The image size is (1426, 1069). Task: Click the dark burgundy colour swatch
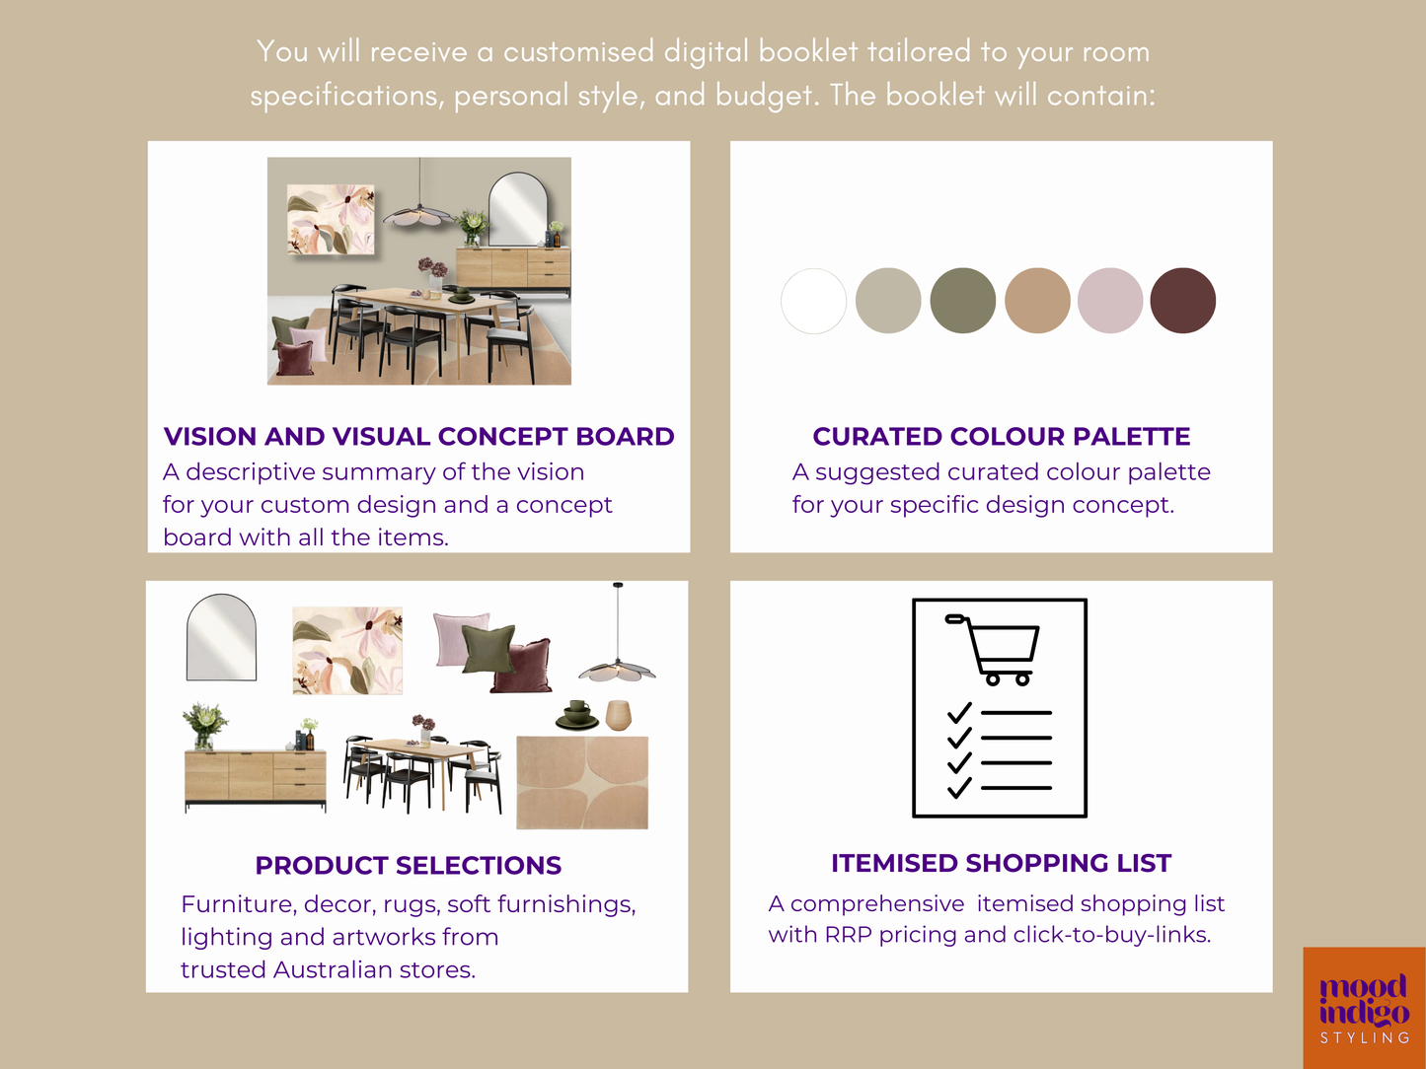coord(1182,301)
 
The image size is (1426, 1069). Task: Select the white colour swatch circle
coord(813,301)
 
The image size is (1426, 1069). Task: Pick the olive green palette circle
coord(963,301)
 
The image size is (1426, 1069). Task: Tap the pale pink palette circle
coord(1109,301)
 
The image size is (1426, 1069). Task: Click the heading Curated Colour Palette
coord(1001,436)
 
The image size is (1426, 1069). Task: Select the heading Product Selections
coord(408,865)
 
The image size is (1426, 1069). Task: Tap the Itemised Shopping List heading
coord(1001,863)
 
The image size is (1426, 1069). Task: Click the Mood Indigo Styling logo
coord(1364,1008)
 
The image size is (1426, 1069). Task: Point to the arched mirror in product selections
coord(221,637)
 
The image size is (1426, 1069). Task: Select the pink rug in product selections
coord(582,782)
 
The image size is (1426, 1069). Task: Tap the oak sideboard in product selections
coord(256,780)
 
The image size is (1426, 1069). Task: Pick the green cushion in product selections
coord(488,649)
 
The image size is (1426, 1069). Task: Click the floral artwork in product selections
coord(347,650)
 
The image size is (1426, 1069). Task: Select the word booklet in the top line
coord(807,52)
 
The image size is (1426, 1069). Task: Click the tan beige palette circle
coord(1037,301)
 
